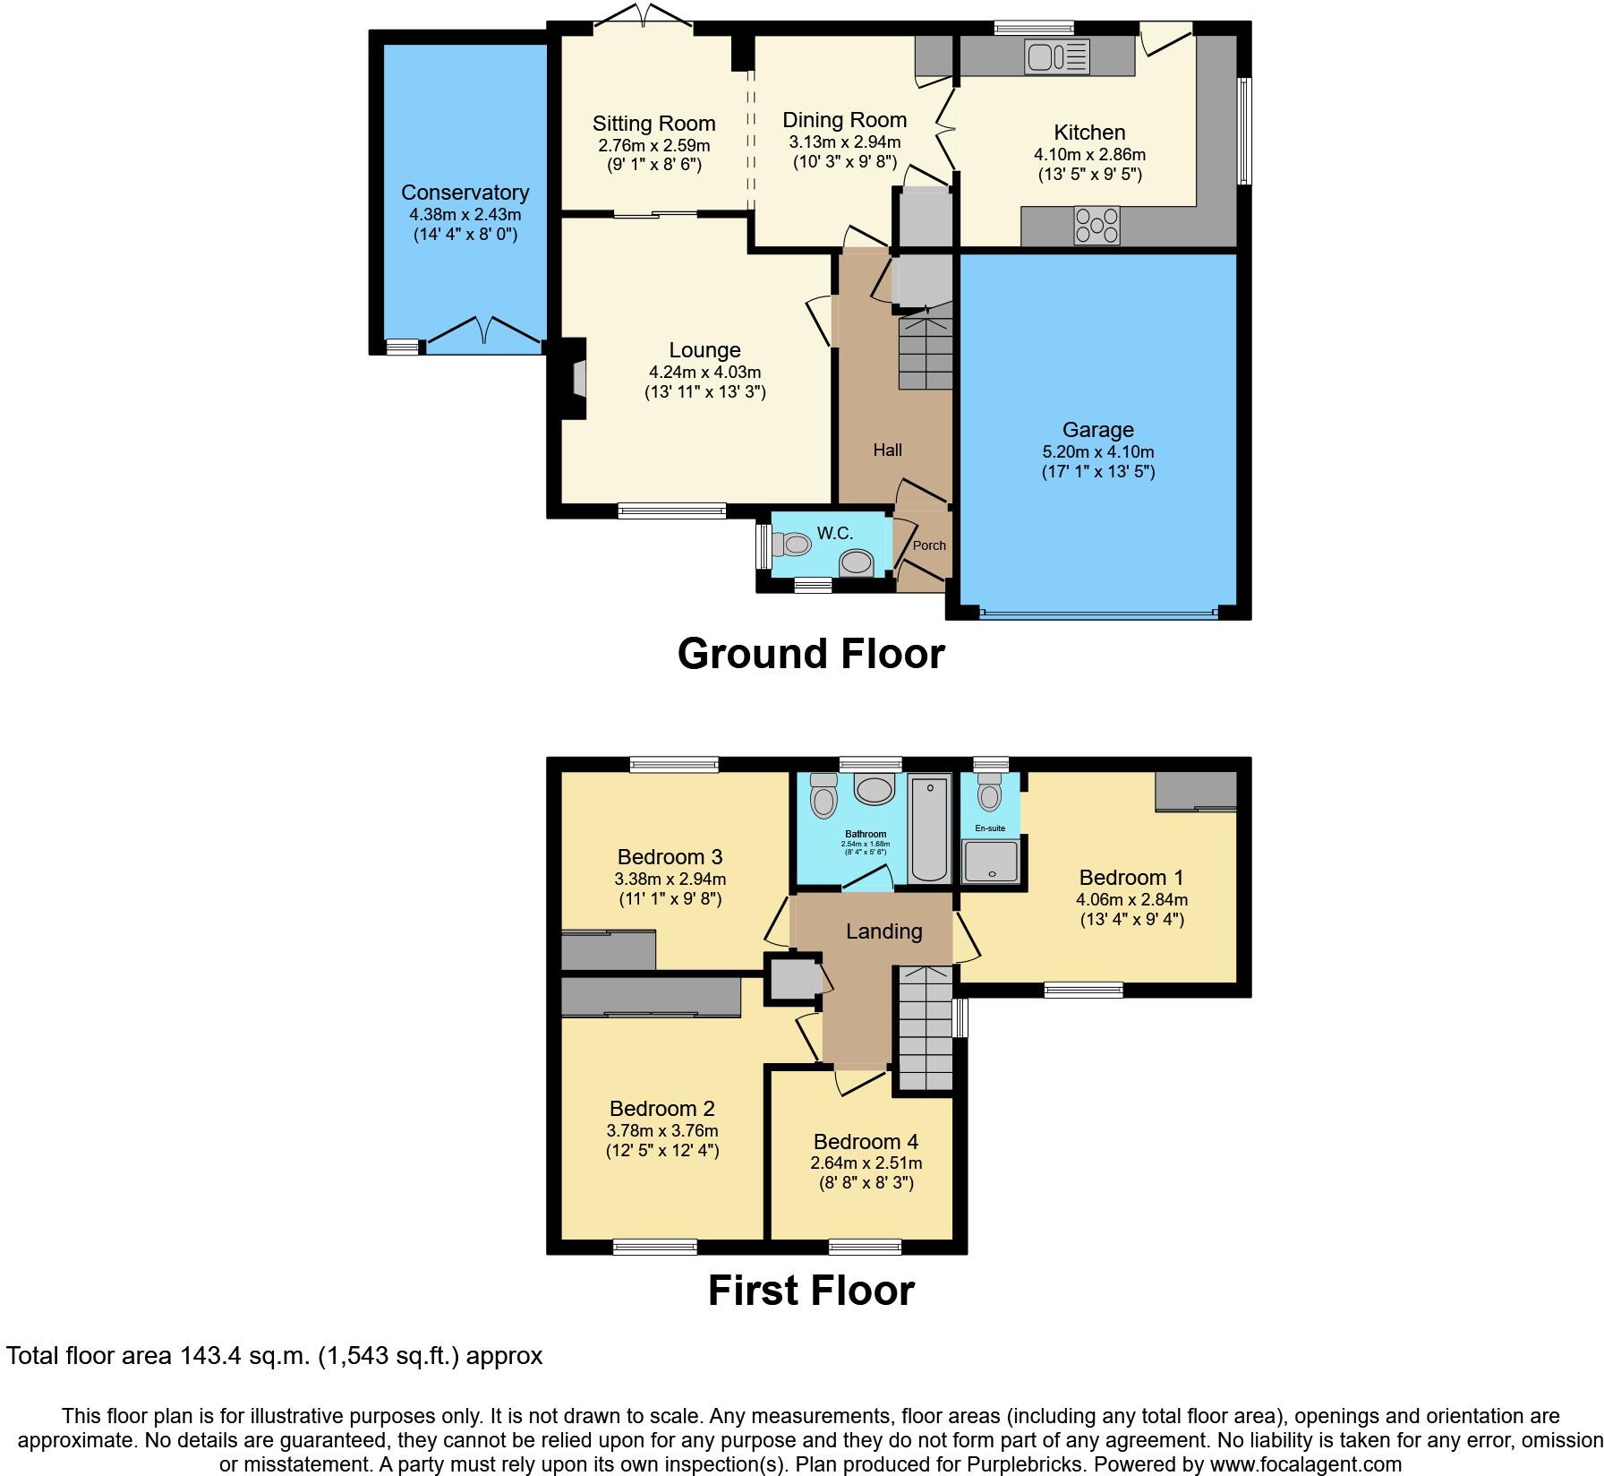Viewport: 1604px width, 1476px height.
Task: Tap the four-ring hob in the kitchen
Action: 1096,225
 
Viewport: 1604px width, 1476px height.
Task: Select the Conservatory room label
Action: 465,193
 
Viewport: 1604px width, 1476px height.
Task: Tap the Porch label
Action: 929,545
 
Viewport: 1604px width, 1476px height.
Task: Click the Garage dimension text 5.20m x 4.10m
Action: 1097,451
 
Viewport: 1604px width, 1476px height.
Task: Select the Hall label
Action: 887,450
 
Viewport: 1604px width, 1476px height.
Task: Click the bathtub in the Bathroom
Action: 929,829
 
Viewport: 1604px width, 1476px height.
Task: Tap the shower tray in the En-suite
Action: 990,861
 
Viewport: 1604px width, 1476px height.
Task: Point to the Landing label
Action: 883,931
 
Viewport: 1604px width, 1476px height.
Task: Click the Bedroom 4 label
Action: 866,1142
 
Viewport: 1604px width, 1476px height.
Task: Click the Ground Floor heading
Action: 810,654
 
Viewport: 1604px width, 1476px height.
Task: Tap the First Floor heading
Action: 810,1291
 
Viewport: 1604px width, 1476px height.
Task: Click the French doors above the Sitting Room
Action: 644,18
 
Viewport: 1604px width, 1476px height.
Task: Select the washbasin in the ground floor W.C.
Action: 856,563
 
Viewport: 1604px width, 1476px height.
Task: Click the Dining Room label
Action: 844,120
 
